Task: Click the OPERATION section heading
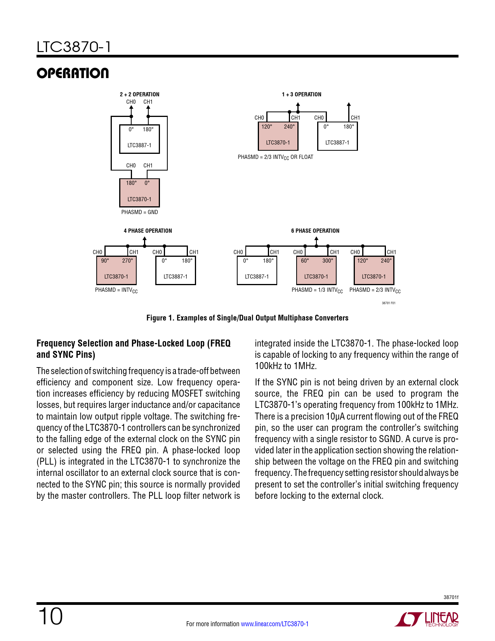[x=73, y=73]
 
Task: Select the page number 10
[x=50, y=616]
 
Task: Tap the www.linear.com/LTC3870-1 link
[x=274, y=624]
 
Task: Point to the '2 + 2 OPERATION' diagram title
[x=139, y=94]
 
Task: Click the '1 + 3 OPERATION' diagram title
[x=301, y=94]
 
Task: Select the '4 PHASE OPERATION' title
[x=148, y=231]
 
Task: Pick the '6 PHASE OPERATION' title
[x=315, y=231]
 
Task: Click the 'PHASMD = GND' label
[x=139, y=212]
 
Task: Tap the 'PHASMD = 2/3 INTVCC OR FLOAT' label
[x=275, y=157]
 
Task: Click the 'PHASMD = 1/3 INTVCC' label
[x=317, y=290]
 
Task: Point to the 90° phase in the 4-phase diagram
[x=105, y=261]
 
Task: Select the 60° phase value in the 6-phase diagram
[x=305, y=261]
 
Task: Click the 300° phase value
[x=327, y=261]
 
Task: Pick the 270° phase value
[x=127, y=261]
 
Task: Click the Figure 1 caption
[x=247, y=318]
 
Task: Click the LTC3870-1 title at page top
[x=74, y=47]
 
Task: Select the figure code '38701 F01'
[x=388, y=303]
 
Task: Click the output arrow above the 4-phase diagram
[x=145, y=241]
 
